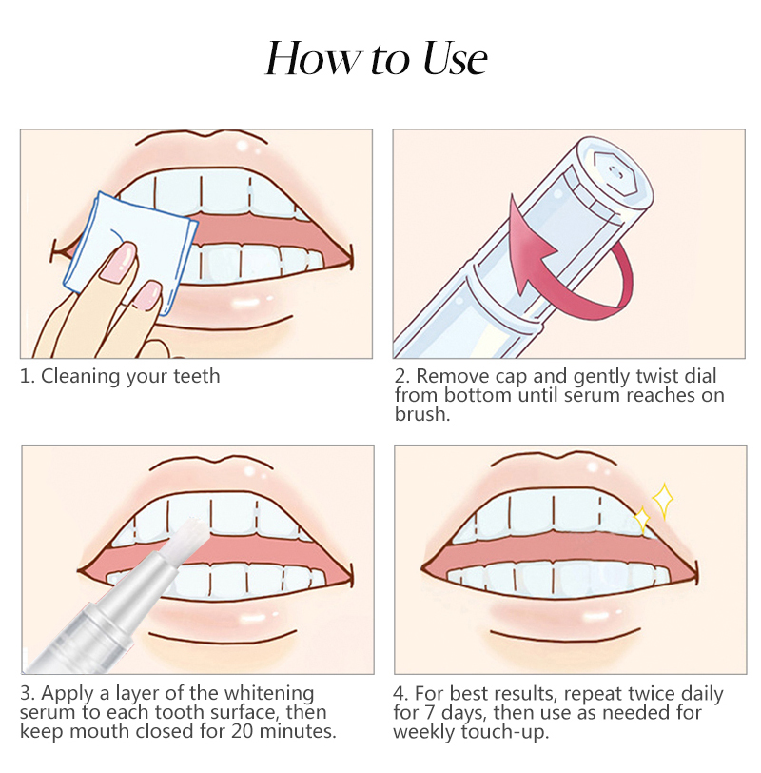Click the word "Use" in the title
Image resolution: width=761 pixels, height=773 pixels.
point(455,59)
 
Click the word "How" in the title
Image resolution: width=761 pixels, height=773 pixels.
point(313,59)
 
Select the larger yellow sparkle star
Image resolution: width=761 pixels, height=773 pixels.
point(663,501)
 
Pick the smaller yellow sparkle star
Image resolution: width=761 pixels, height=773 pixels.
point(642,520)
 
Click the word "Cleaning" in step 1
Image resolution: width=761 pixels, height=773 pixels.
point(81,377)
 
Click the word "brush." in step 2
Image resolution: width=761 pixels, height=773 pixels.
point(422,414)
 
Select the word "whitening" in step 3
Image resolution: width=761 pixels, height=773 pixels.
point(269,694)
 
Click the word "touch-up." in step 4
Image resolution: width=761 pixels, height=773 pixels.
point(505,733)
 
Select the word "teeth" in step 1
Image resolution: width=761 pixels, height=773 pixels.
point(197,377)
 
